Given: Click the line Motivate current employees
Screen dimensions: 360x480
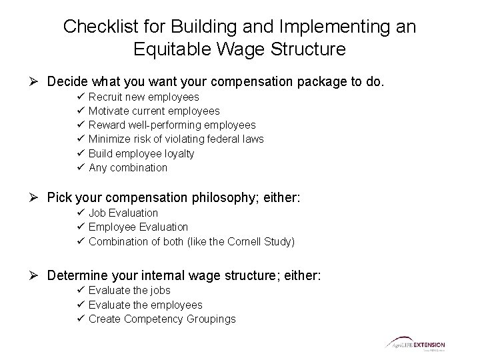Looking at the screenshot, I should (x=154, y=111).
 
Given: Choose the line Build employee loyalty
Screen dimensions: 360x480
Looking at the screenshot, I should (x=141, y=153).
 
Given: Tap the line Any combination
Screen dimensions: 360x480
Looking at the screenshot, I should (x=128, y=167).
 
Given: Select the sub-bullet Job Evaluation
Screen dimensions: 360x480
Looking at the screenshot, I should (x=123, y=213).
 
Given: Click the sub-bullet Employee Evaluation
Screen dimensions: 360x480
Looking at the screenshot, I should (x=138, y=227).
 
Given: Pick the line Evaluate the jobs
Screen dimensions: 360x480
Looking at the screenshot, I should (x=129, y=291).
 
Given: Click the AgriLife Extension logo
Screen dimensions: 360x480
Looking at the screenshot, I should (x=414, y=345).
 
